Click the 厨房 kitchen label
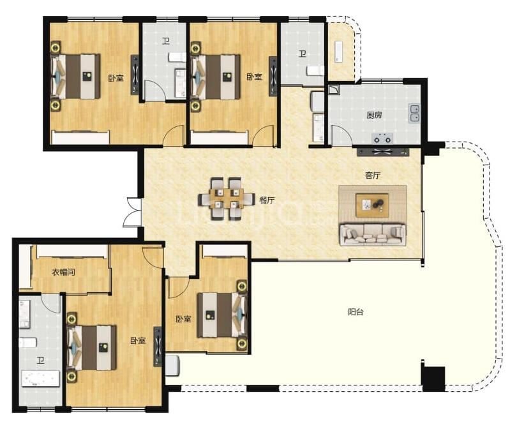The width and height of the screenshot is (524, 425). point(374,116)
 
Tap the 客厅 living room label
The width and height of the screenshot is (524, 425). point(373,175)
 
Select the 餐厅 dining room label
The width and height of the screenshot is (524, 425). point(267,200)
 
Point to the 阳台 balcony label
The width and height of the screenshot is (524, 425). point(356,312)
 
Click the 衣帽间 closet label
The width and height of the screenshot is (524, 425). point(63,272)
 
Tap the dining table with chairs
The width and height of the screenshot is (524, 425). point(226,198)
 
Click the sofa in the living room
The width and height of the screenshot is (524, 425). point(373,235)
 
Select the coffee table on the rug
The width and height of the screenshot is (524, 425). point(372,205)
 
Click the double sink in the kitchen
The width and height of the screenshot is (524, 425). point(415,113)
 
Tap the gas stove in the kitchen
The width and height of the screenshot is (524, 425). point(383,138)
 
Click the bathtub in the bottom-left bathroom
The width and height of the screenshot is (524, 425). point(40,379)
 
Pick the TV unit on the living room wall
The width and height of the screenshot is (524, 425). point(383,152)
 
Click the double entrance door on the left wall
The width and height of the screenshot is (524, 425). point(133,212)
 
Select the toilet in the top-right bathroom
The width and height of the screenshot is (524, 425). point(315,70)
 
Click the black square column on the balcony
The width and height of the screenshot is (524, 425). point(433,378)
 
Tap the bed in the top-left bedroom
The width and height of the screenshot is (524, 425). point(75,77)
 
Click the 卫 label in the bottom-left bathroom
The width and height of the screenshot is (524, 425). point(41,361)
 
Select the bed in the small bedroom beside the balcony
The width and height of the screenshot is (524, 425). point(222,315)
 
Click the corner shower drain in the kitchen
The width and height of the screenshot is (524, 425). point(334,89)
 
